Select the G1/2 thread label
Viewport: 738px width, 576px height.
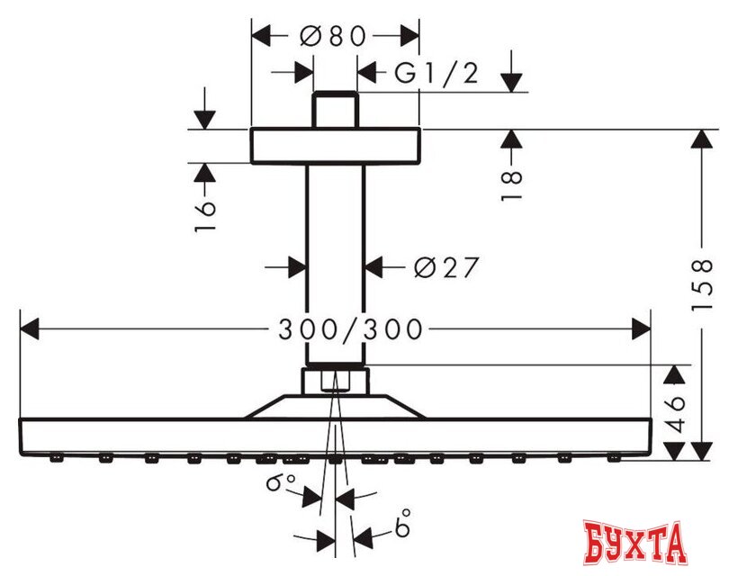pos(436,72)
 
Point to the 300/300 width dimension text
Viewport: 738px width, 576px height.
pos(349,329)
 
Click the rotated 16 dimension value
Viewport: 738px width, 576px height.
pos(204,216)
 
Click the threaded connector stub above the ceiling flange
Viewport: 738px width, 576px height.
pos(335,111)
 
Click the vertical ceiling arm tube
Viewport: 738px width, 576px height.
pos(335,261)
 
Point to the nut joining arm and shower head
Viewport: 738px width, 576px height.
pos(335,381)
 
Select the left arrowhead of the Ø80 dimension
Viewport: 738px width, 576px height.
pos(260,36)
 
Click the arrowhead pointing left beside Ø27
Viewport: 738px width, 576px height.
pos(375,266)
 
